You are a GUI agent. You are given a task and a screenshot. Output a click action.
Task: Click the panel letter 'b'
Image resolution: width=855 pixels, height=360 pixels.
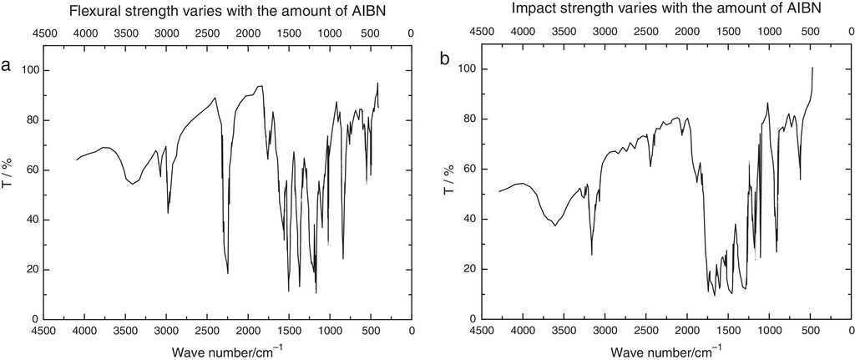[444, 60]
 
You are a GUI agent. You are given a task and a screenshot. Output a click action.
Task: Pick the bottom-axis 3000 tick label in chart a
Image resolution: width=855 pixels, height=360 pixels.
[166, 332]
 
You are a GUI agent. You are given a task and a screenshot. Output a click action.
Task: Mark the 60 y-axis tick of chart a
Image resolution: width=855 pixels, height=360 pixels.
[30, 170]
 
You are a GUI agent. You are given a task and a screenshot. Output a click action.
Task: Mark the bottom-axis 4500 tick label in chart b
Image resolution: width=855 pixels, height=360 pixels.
[482, 332]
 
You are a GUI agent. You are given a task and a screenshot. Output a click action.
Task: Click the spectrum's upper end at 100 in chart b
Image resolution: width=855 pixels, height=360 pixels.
[812, 68]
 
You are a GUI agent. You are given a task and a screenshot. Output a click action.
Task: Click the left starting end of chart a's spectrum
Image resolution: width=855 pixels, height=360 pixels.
[77, 159]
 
